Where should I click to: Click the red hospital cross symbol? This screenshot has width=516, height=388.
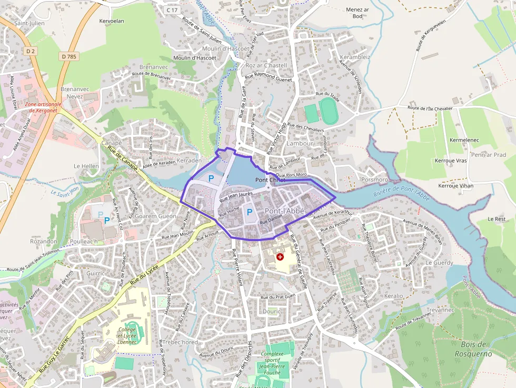tap(280, 257)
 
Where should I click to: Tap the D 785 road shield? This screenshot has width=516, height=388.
tap(68, 56)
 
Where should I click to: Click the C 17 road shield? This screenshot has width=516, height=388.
tap(172, 10)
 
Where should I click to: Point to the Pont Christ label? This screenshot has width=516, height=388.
tap(270, 180)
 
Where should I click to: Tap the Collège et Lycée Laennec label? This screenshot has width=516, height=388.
tap(126, 335)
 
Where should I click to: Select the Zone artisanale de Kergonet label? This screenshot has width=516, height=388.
tap(43, 107)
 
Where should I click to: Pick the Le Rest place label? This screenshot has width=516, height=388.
tap(496, 218)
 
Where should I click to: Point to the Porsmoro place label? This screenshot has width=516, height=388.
tap(375, 180)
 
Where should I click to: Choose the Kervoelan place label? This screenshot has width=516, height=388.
tap(111, 21)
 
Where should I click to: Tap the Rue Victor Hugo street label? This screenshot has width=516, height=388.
tap(277, 138)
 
